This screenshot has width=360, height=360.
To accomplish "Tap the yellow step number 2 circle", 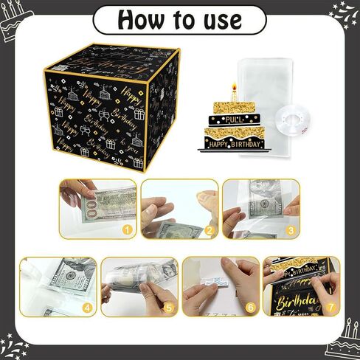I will tap(209, 230).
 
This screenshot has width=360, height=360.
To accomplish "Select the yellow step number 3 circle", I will tap(290, 230).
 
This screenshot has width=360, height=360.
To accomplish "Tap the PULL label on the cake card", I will tap(234, 118).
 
